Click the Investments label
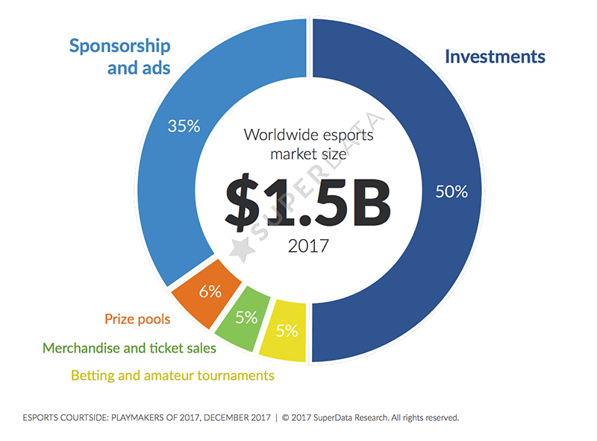click(x=495, y=57)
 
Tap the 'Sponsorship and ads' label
click(x=119, y=57)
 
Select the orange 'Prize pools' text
click(x=137, y=320)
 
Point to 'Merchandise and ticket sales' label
click(x=129, y=348)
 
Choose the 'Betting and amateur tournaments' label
click(x=172, y=375)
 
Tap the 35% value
click(x=184, y=126)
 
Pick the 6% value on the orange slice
click(x=210, y=292)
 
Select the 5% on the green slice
click(x=246, y=317)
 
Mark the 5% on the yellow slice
click(x=286, y=330)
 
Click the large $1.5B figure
click(x=307, y=202)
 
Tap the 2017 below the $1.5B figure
click(x=307, y=246)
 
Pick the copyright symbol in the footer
click(x=286, y=418)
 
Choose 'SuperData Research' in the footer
click(x=351, y=418)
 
